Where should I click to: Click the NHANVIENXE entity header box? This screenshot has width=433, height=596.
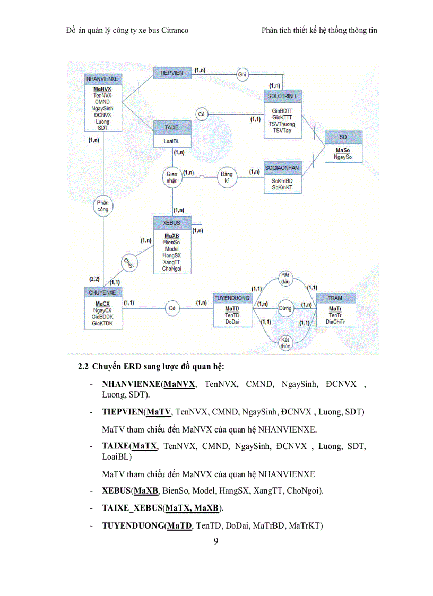tap(103, 79)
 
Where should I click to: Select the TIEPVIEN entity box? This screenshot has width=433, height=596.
tap(172, 73)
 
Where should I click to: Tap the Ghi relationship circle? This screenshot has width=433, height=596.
tap(243, 75)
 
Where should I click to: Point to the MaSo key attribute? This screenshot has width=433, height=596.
tap(343, 150)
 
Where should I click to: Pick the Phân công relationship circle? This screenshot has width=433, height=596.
tap(102, 206)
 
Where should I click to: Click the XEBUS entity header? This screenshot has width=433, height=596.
tap(172, 223)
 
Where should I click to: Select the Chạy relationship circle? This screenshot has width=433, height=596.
tap(128, 262)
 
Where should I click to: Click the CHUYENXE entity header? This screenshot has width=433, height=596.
tap(102, 292)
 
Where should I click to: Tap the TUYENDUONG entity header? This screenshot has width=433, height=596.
tap(232, 298)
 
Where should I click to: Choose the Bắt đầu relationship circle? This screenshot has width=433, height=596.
tap(285, 279)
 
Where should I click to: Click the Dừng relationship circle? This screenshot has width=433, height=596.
tap(285, 308)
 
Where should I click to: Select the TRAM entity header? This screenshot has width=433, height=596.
tap(335, 298)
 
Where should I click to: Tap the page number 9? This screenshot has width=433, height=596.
tap(216, 541)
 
